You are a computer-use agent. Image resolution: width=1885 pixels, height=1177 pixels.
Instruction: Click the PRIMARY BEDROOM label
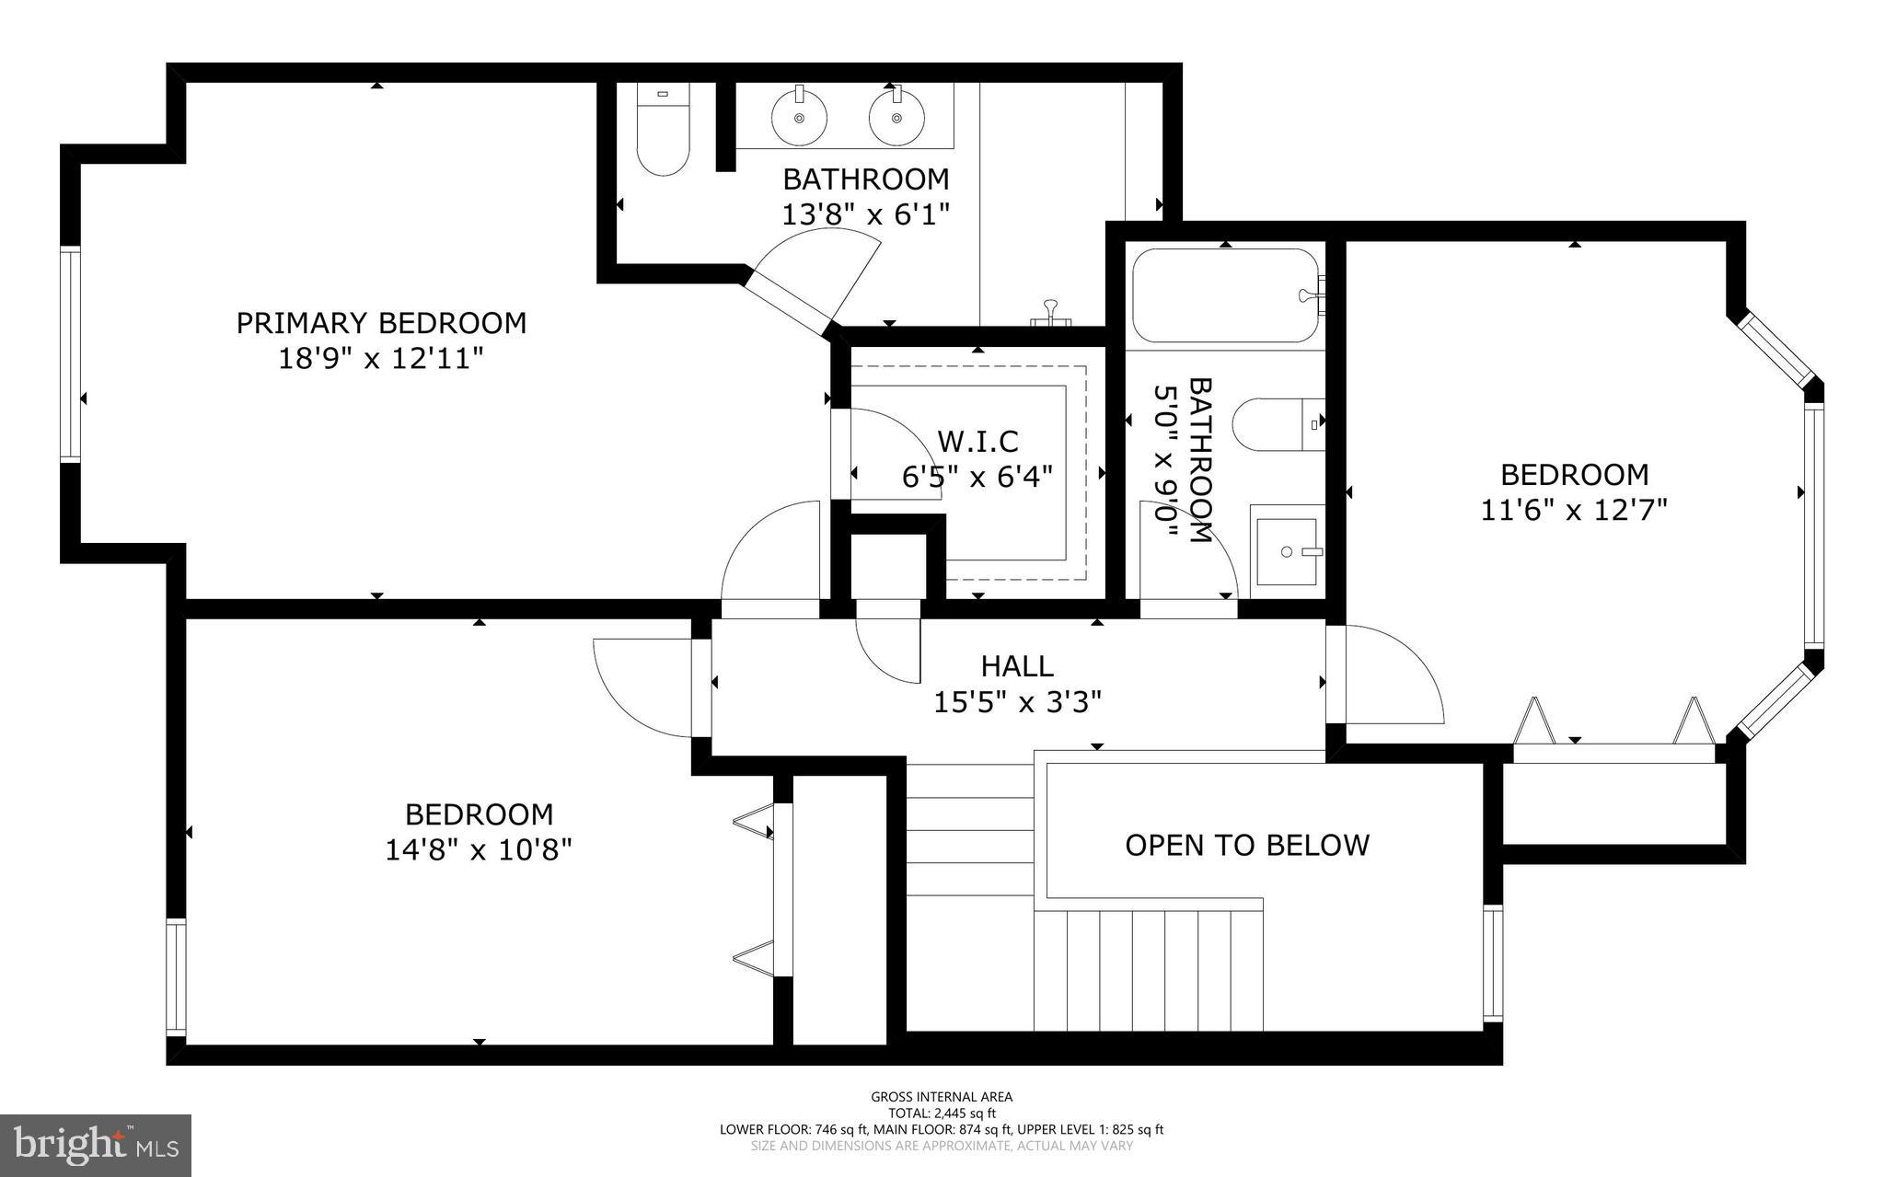(381, 323)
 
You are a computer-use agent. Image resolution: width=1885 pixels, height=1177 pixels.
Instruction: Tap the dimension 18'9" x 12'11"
(381, 358)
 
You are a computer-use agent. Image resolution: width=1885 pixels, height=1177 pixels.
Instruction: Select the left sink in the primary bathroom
(798, 117)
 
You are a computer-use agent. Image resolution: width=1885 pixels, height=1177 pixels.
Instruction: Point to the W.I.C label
(977, 442)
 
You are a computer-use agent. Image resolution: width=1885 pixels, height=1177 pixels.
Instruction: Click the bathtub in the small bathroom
(1224, 295)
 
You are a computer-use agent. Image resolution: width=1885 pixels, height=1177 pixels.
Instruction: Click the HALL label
(1017, 665)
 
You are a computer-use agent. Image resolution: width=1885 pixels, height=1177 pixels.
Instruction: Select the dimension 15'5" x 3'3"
(1017, 703)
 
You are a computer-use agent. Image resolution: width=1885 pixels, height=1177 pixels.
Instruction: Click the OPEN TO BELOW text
(1247, 845)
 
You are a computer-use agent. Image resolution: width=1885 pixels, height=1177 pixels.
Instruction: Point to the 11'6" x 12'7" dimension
(1574, 510)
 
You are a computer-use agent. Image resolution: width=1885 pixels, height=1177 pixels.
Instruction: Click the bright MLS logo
(96, 1145)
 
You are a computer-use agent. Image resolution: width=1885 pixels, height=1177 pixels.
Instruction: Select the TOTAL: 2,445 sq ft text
(942, 1113)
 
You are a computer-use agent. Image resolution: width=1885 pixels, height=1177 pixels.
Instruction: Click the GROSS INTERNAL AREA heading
(942, 1096)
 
